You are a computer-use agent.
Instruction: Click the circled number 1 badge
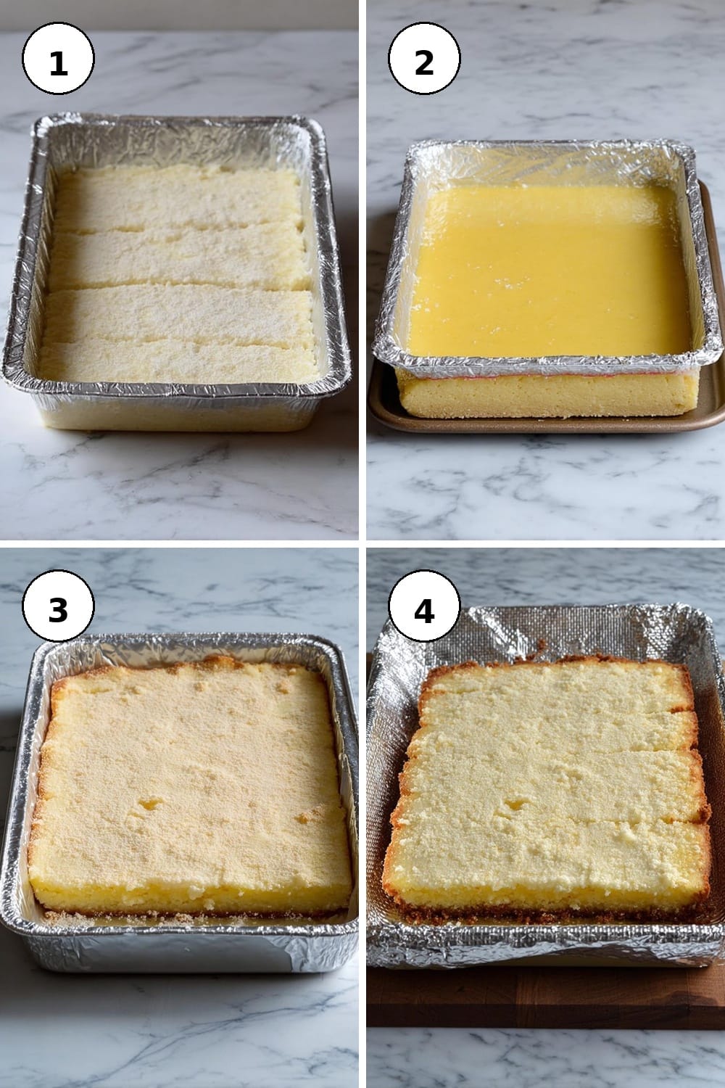58,58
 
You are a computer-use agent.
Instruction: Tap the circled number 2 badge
424,58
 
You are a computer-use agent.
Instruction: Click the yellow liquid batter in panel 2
549,270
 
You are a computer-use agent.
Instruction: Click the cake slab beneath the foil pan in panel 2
547,392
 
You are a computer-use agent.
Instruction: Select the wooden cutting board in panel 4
544,996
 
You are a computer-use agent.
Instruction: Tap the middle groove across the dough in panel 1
180,287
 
